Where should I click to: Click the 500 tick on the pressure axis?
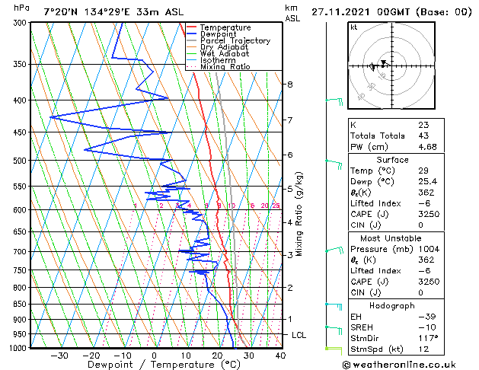[x=20, y=161]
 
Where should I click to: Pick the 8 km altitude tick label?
[x=290, y=84]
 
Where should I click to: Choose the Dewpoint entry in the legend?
[x=225, y=34]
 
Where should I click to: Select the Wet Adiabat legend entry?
[x=225, y=54]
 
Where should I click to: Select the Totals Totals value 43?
[x=423, y=136]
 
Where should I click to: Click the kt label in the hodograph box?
[x=354, y=27]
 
